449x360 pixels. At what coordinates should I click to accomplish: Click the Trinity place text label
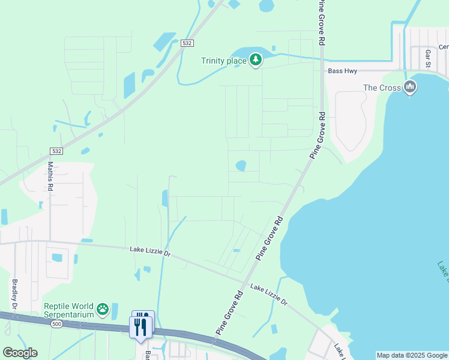coord(223,60)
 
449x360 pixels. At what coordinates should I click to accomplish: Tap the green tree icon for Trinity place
coord(256,59)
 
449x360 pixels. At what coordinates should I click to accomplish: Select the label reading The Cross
coord(382,88)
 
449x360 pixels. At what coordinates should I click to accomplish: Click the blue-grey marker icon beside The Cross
coord(410,87)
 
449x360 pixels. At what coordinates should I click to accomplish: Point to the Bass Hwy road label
coord(343,71)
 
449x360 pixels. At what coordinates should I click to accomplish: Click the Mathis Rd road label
coord(50,176)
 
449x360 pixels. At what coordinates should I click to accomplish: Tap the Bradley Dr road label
coord(14,294)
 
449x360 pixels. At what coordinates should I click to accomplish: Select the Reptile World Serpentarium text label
coord(69,310)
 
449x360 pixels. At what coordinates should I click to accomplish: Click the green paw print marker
coord(103,310)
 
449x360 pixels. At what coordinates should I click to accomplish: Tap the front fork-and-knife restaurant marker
coord(139,327)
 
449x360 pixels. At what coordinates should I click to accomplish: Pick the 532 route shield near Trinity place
coord(187,43)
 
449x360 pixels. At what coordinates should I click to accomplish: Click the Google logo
coord(20,352)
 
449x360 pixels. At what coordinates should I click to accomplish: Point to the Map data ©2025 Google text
coord(412,355)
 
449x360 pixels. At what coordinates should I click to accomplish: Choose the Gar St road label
coord(428,59)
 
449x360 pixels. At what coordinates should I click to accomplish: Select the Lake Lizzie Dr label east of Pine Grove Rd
coord(269,295)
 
